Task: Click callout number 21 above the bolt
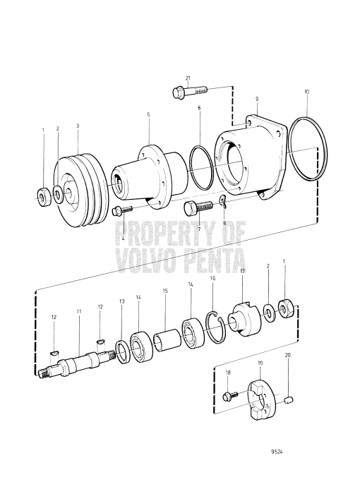coord(188,78)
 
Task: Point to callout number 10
coord(306,92)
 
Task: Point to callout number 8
coord(225,223)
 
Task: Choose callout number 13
coord(122,301)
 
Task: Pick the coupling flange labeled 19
coord(259,393)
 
